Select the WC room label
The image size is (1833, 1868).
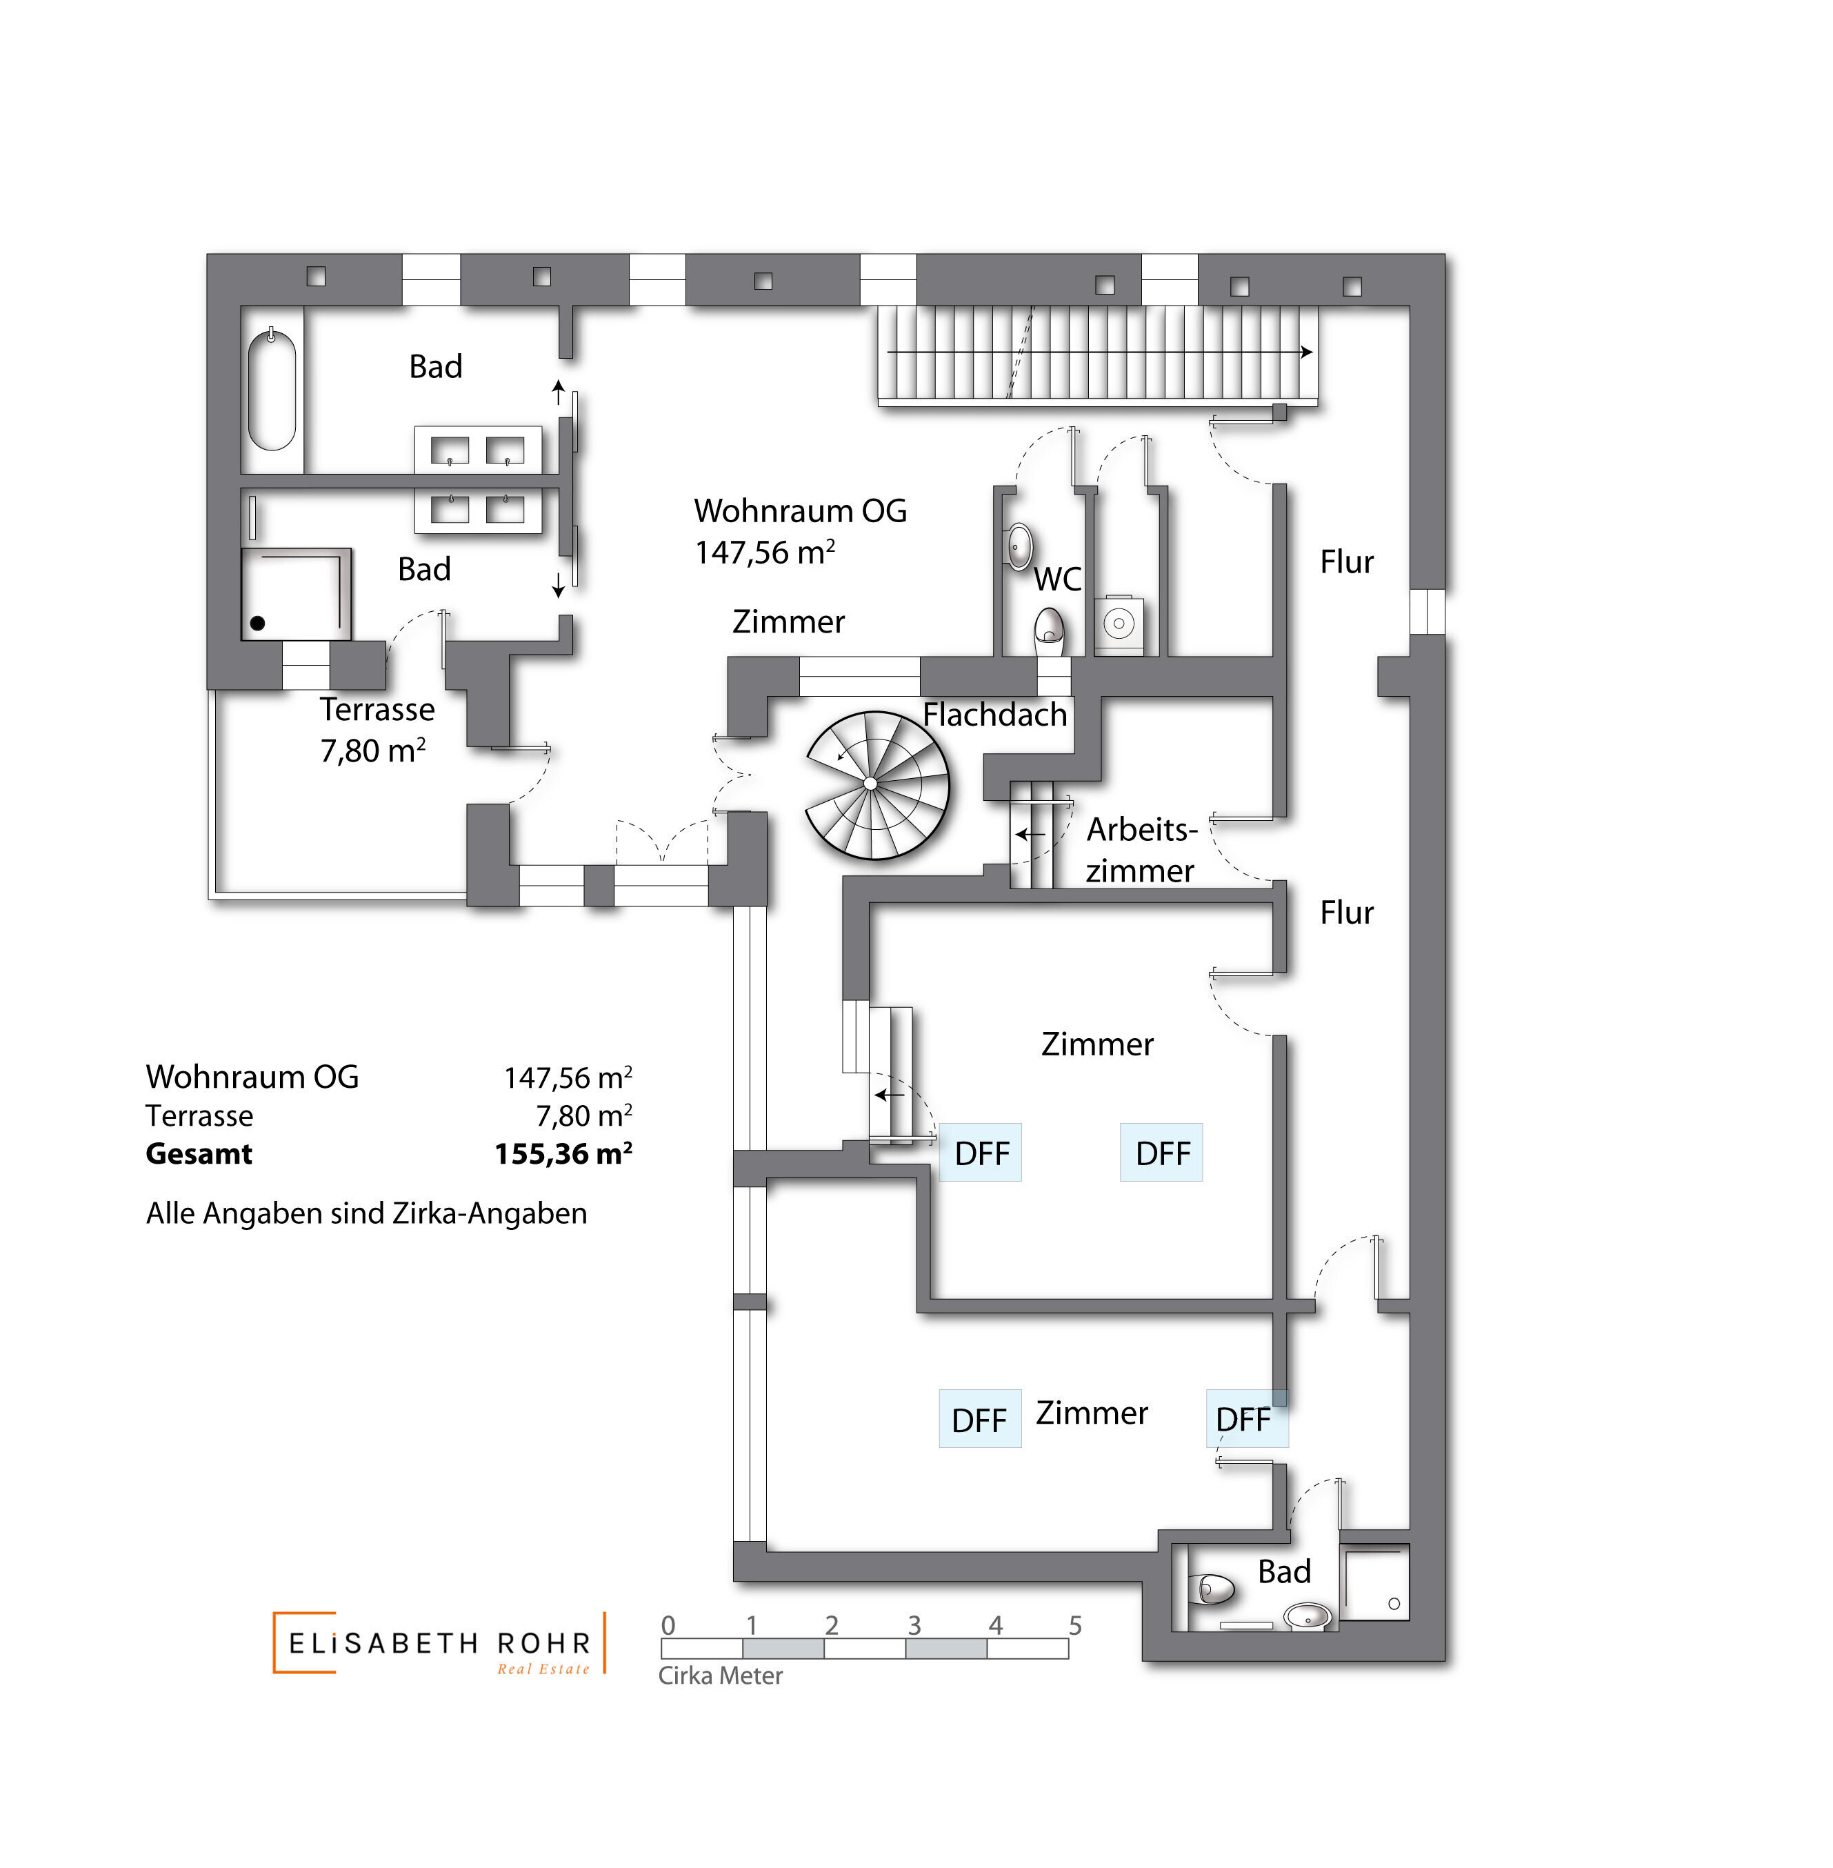1057,579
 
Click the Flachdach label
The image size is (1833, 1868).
994,715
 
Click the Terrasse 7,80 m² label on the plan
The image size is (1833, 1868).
377,730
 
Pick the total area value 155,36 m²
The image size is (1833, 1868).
563,1153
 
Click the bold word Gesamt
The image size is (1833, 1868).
199,1153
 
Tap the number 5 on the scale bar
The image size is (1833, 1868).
1075,1625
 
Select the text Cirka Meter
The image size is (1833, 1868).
720,1676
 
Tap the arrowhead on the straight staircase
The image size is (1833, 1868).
1306,352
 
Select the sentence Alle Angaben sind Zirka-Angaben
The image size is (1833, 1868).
365,1213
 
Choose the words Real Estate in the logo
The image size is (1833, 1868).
543,1669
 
